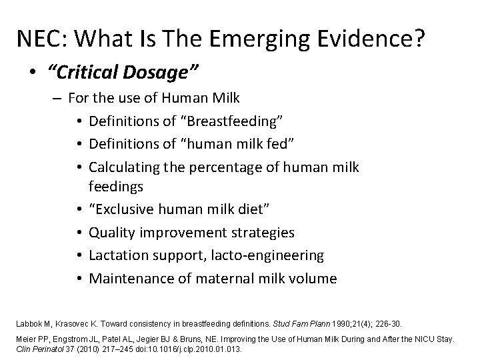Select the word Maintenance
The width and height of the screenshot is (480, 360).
pyautogui.click(x=129, y=277)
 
